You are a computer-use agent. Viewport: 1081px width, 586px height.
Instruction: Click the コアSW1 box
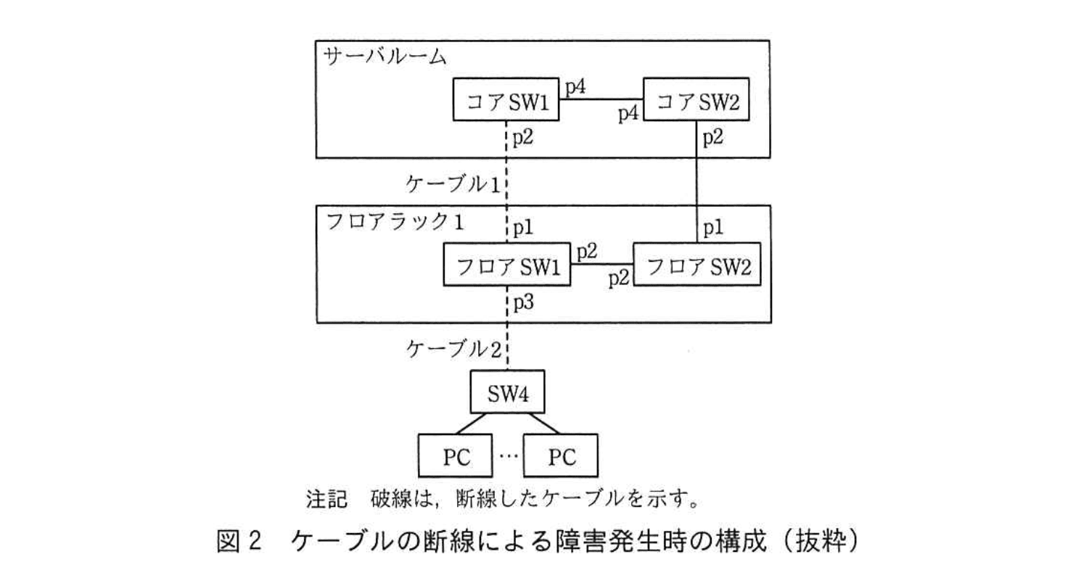click(506, 99)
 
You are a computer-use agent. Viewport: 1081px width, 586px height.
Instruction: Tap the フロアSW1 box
click(506, 266)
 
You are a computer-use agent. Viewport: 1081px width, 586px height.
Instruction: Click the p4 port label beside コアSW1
click(576, 87)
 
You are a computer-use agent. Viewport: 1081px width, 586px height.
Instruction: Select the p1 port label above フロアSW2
click(712, 228)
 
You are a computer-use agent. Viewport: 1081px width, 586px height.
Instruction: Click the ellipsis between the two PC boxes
click(508, 455)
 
